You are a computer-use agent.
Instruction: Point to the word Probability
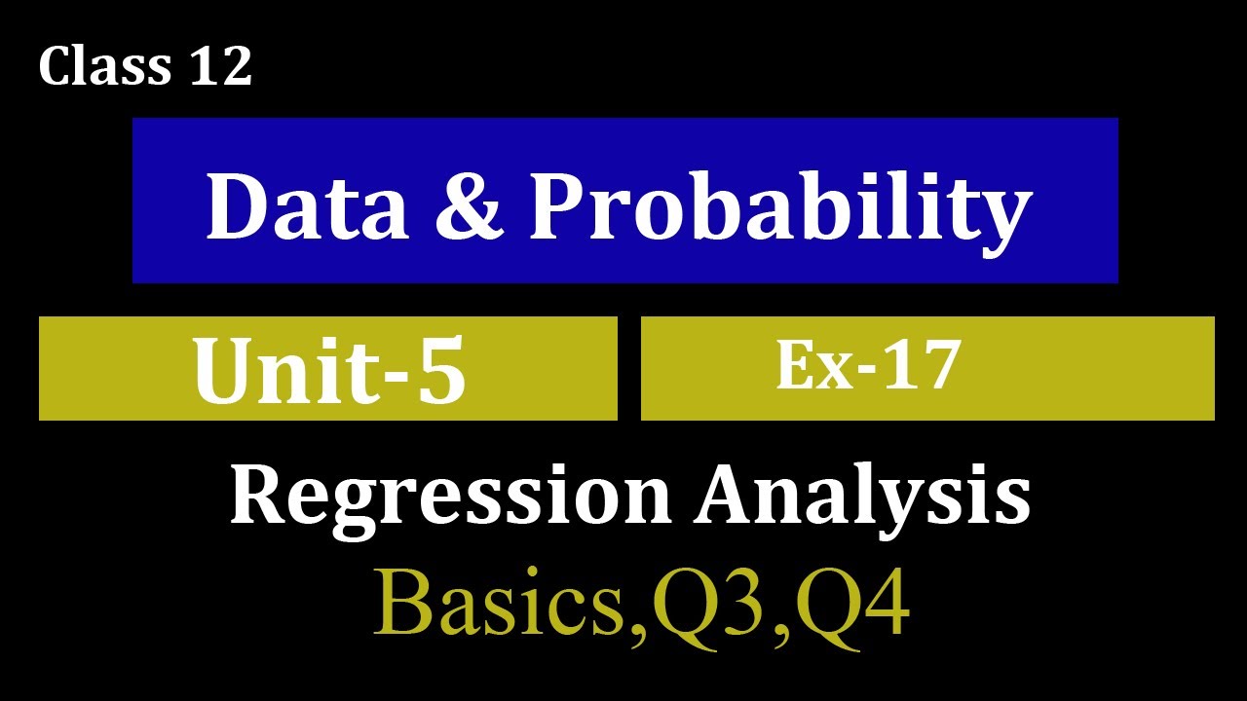point(779,208)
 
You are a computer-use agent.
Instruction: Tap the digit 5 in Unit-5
point(437,373)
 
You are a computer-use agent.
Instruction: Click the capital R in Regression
point(257,495)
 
